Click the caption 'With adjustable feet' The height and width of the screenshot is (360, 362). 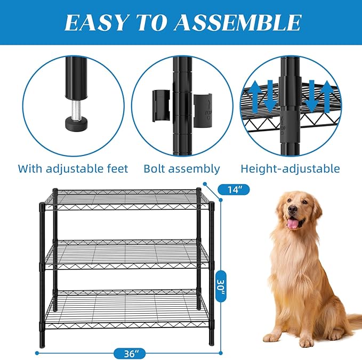(x=73, y=169)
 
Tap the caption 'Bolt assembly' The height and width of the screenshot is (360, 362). (x=181, y=169)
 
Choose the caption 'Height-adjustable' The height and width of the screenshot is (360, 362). (x=289, y=169)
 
